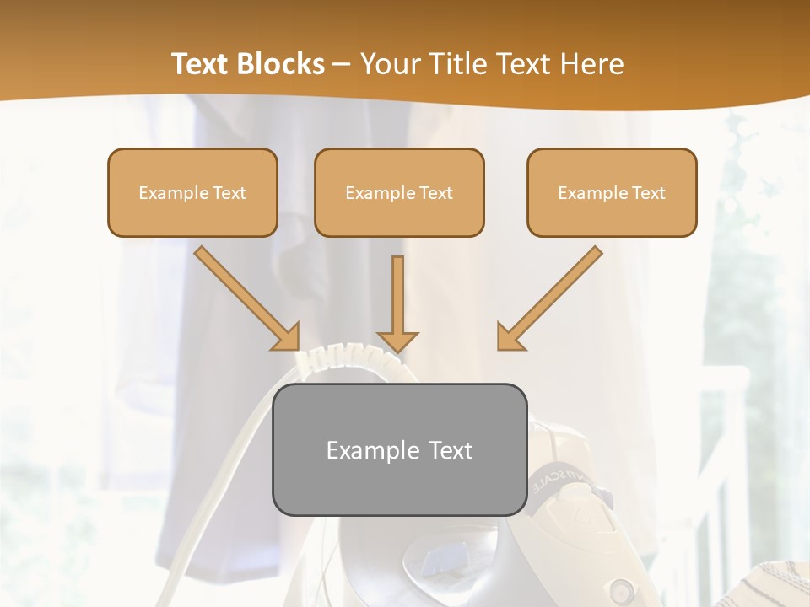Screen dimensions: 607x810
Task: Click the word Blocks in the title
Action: coord(280,64)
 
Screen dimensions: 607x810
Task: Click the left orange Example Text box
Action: coord(192,193)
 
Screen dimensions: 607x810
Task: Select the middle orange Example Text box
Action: coord(399,193)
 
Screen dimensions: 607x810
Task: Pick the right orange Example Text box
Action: coord(612,193)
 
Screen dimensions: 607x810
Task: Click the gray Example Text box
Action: coord(399,450)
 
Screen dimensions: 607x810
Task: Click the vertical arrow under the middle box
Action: coord(397,303)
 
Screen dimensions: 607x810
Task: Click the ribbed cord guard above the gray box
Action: coord(346,362)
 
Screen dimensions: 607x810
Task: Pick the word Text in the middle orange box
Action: coord(435,193)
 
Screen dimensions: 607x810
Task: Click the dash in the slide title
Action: coord(342,64)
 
